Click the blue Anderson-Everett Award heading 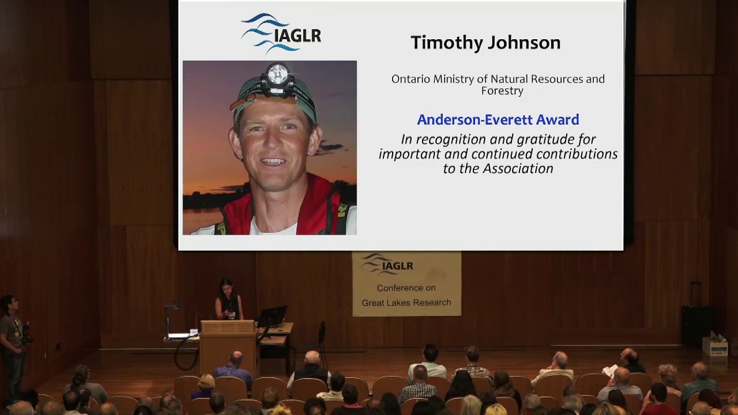(498, 120)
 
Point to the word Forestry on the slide (502, 90)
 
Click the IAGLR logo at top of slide (281, 33)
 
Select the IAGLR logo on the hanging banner (387, 265)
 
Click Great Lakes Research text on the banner (406, 303)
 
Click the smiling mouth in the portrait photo (273, 161)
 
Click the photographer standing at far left (13, 346)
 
